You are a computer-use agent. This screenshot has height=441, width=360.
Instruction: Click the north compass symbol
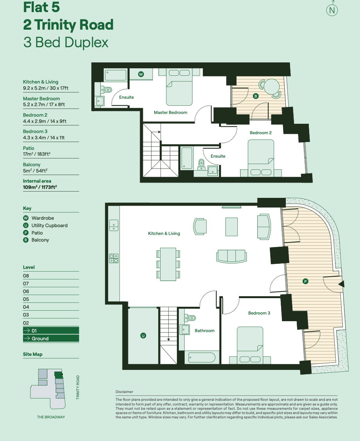click(x=332, y=10)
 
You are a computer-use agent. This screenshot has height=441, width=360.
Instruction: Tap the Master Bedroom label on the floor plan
click(x=170, y=112)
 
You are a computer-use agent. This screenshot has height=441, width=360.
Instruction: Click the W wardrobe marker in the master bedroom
click(x=141, y=74)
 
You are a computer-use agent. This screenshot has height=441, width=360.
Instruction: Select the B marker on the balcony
click(x=256, y=96)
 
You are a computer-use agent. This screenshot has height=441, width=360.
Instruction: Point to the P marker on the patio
click(x=305, y=281)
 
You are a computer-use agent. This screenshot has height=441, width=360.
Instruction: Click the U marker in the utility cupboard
click(x=143, y=335)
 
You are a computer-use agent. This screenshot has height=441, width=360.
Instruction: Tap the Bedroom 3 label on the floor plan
click(x=259, y=313)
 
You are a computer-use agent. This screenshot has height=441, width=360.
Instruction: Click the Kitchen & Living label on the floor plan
click(x=164, y=233)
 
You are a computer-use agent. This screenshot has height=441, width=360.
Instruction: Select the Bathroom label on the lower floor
click(x=205, y=331)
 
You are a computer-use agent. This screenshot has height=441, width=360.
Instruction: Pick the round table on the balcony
click(x=270, y=85)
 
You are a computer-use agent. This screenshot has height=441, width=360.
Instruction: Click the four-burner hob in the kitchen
click(x=114, y=258)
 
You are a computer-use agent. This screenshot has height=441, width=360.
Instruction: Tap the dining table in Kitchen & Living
click(x=168, y=264)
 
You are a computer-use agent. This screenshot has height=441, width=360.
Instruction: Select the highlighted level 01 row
click(x=51, y=331)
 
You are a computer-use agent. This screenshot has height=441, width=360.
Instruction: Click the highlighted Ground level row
click(x=51, y=339)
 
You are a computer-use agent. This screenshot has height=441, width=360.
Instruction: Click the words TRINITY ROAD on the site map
click(x=78, y=387)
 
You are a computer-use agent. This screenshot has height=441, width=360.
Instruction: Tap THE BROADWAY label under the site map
click(x=51, y=417)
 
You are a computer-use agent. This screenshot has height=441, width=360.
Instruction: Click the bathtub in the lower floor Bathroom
click(x=201, y=357)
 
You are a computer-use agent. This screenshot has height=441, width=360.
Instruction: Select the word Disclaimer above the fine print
click(x=124, y=392)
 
